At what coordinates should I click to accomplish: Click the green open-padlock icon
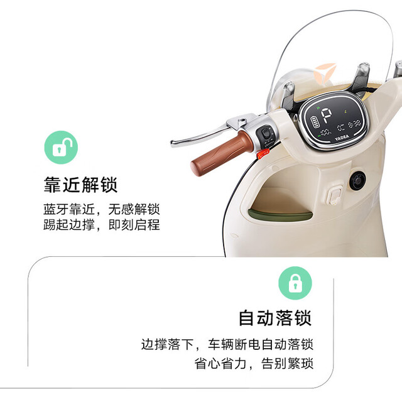pyautogui.click(x=61, y=148)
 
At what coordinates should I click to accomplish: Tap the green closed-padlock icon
pyautogui.click(x=295, y=283)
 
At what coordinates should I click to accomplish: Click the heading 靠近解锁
pyautogui.click(x=81, y=185)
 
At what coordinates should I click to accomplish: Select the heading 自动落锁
pyautogui.click(x=275, y=318)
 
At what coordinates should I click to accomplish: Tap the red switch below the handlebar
pyautogui.click(x=263, y=153)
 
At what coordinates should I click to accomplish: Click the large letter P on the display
pyautogui.click(x=326, y=116)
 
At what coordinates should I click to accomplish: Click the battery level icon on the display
pyautogui.click(x=315, y=122)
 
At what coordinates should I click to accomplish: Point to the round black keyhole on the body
pyautogui.click(x=357, y=181)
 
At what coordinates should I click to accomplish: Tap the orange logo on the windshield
pyautogui.click(x=325, y=72)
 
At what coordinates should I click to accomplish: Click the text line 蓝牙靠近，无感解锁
pyautogui.click(x=102, y=209)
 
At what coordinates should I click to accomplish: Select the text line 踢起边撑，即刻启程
pyautogui.click(x=102, y=225)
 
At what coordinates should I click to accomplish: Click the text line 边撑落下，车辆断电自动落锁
pyautogui.click(x=227, y=344)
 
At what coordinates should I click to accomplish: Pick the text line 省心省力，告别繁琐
pyautogui.click(x=254, y=364)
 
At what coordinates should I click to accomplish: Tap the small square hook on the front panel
pyautogui.click(x=334, y=197)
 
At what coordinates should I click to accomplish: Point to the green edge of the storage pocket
pyautogui.click(x=280, y=215)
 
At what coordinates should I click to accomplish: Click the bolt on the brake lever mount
pyautogui.click(x=242, y=120)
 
